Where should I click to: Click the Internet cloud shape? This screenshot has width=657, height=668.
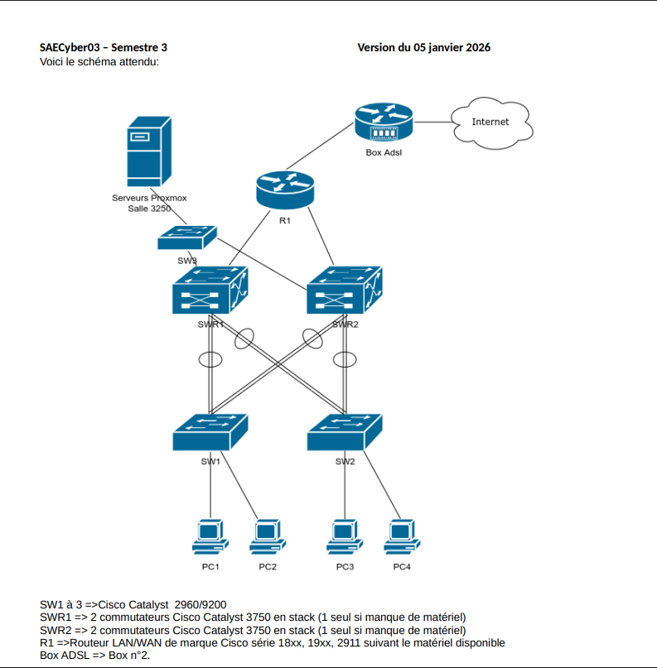[x=490, y=123]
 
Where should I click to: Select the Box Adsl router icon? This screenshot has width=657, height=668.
[x=383, y=123]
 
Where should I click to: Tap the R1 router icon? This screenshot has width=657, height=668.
[x=285, y=190]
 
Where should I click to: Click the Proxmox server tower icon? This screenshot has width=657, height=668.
[x=149, y=151]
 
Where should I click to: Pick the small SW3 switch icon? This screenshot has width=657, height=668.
[x=187, y=237]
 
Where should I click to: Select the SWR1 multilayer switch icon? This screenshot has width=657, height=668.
[x=210, y=291]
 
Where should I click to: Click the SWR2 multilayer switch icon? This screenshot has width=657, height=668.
[x=345, y=291]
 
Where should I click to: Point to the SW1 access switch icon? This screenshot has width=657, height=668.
[x=210, y=431]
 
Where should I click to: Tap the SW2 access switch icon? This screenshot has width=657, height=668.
[x=345, y=431]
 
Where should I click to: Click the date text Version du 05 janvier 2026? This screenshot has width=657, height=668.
[x=423, y=48]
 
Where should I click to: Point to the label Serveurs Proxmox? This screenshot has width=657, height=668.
[x=149, y=198]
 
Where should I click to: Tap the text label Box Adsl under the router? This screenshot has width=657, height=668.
[x=383, y=152]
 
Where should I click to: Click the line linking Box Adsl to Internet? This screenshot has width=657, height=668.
[x=431, y=122]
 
